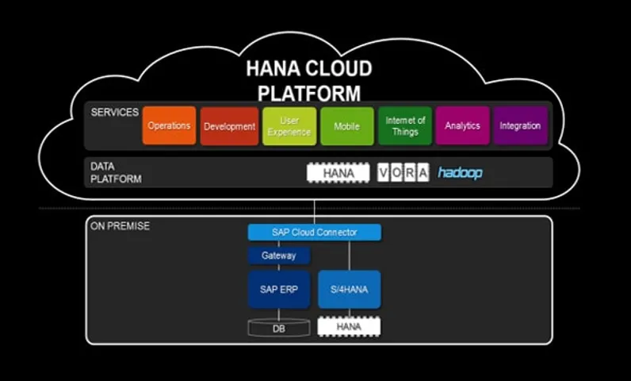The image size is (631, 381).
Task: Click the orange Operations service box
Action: (x=169, y=125)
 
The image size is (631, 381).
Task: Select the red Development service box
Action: (x=229, y=125)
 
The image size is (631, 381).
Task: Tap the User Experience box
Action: (x=289, y=125)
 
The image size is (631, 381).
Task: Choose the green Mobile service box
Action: (x=346, y=125)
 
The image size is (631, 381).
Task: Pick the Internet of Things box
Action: (x=405, y=125)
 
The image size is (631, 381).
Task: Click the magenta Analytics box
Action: (x=462, y=125)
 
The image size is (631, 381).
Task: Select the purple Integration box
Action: (x=520, y=125)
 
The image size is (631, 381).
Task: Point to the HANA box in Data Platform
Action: (x=338, y=173)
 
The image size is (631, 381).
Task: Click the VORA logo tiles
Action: (x=403, y=173)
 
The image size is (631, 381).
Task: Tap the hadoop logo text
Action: (x=460, y=172)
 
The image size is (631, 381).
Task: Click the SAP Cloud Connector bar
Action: (x=314, y=233)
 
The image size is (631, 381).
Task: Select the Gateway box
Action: (x=278, y=256)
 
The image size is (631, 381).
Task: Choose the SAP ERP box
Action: (x=278, y=289)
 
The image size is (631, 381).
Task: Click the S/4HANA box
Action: (x=349, y=289)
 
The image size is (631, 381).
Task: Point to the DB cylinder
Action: (x=278, y=326)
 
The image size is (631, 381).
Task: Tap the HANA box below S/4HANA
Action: (x=349, y=326)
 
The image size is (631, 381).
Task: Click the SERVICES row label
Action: (x=114, y=113)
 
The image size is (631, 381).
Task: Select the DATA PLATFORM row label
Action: (x=116, y=173)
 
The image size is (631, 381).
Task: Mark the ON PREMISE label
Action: (x=120, y=226)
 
